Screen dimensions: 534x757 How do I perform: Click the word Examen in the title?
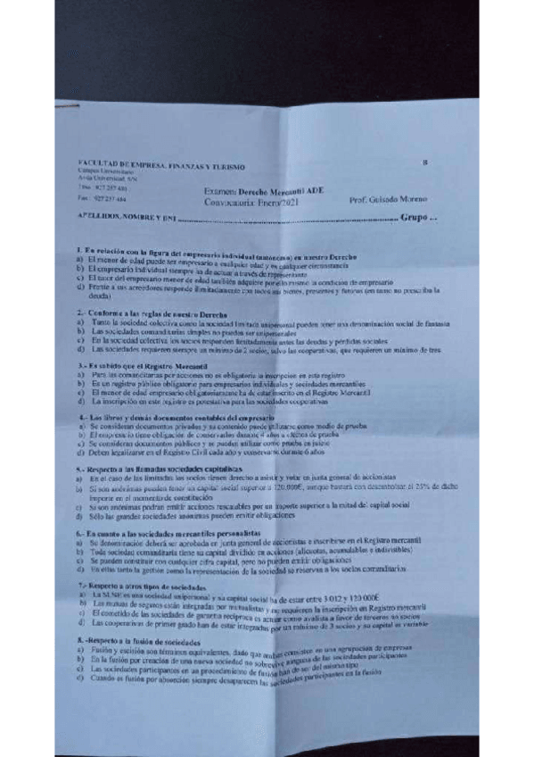(221, 190)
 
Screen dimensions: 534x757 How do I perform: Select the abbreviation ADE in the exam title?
(314, 191)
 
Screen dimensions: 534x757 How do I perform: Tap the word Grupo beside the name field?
(415, 217)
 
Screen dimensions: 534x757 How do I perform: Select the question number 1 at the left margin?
(79, 247)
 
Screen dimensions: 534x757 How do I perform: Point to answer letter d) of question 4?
(80, 453)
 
